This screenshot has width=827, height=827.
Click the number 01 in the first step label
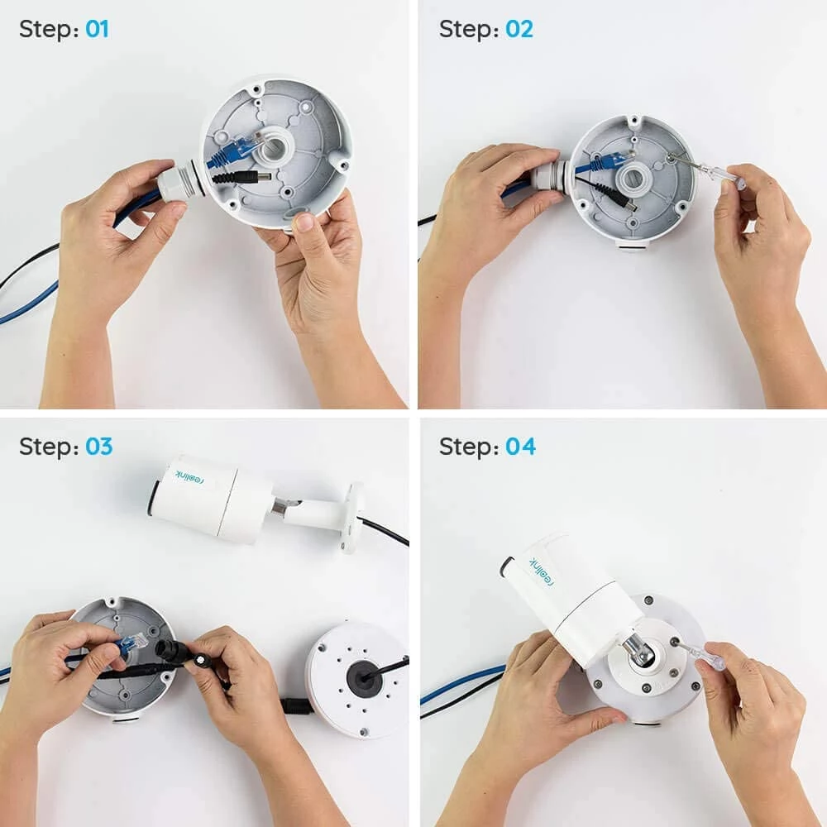click(x=97, y=28)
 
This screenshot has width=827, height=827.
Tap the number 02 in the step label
click(x=519, y=28)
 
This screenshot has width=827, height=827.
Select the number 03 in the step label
click(x=98, y=447)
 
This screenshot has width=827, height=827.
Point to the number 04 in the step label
click(x=520, y=447)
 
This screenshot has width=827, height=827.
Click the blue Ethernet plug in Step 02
click(x=606, y=162)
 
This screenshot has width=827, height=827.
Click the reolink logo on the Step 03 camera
click(x=191, y=477)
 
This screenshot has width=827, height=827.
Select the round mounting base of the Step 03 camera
click(x=351, y=517)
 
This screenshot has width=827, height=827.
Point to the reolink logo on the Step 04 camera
click(x=542, y=571)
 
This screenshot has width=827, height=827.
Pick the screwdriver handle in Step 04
click(x=711, y=660)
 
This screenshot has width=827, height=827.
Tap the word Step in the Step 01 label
click(x=45, y=30)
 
